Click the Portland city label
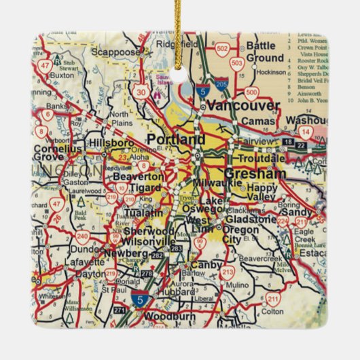pos(175,139)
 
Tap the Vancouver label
pos(242,105)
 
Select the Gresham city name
pos(246,173)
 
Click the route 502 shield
pos(221,49)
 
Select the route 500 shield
pos(251,92)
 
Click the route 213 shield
pos(227,273)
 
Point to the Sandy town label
pos(299,211)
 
